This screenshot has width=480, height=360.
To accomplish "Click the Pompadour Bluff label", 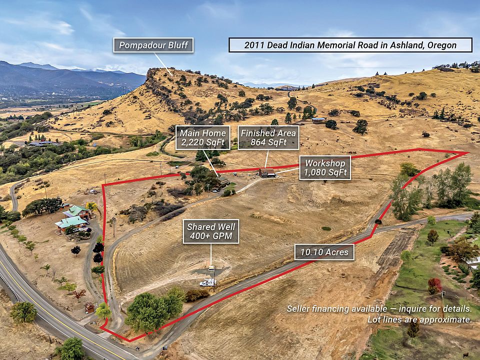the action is (x=153, y=45).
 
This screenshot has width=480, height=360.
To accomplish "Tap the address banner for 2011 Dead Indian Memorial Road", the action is (x=350, y=45).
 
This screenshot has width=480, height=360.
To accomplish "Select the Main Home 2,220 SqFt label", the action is (x=202, y=138).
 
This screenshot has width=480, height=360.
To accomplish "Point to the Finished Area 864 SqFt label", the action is (x=268, y=138).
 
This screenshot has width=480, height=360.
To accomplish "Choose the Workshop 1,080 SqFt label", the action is (x=325, y=168).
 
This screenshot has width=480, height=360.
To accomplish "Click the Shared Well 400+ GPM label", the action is (x=211, y=231).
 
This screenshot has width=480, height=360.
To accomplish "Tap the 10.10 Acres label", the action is (x=324, y=252).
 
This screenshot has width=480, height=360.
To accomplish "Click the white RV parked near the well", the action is (x=208, y=282).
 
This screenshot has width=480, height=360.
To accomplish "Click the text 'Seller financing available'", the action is (x=336, y=308).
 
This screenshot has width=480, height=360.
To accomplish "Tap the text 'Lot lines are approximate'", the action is (x=419, y=319).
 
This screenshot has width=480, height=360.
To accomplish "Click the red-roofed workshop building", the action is (x=267, y=173).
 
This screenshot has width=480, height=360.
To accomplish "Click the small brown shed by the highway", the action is (x=89, y=307).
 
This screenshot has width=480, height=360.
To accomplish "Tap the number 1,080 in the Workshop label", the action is (x=314, y=172).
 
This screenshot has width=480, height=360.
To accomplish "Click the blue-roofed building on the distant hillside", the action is (x=318, y=119).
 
